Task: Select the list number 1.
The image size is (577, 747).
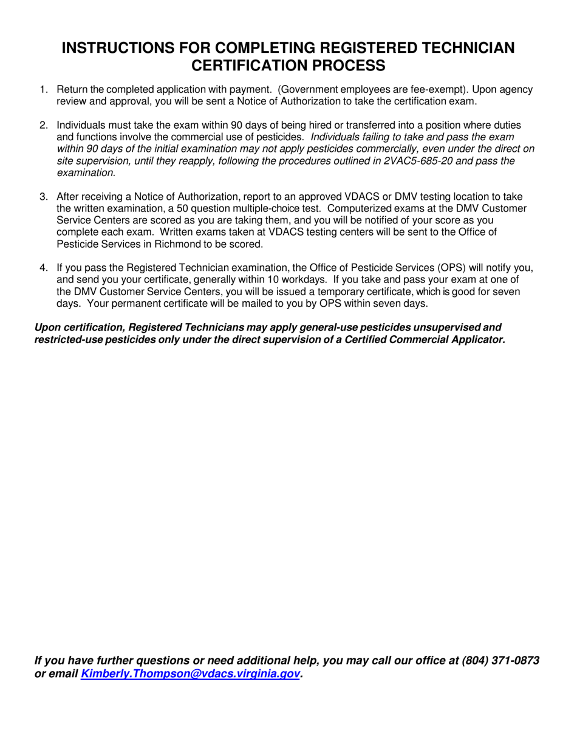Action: coord(43,90)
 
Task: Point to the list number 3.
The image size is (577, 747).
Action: coord(43,197)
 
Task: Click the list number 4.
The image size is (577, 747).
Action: coord(43,268)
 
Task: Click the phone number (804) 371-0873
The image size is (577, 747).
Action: coord(500,661)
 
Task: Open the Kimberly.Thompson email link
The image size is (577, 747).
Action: coord(190,674)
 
